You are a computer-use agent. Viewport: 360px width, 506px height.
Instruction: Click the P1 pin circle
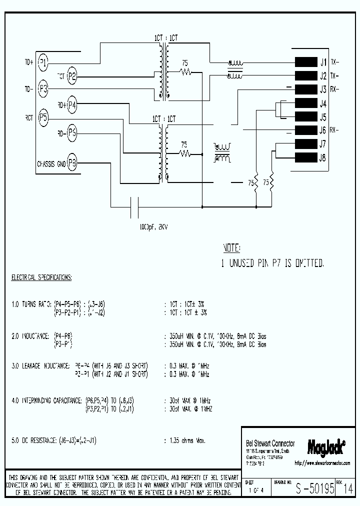click(43, 62)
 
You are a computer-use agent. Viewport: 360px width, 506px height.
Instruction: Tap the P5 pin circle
click(43, 118)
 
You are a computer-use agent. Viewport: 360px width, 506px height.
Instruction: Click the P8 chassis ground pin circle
click(72, 162)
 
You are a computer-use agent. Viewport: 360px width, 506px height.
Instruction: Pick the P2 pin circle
click(72, 76)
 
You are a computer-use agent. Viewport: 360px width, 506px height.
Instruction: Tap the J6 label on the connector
click(322, 131)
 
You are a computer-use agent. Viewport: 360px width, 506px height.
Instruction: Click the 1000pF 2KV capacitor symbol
click(134, 206)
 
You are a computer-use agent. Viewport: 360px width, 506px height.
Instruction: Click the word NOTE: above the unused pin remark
click(231, 248)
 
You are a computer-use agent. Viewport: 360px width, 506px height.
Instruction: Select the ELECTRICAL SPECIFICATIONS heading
click(41, 277)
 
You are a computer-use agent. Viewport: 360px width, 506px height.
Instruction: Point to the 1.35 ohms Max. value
click(184, 441)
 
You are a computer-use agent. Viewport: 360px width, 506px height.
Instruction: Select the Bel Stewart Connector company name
click(270, 443)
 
